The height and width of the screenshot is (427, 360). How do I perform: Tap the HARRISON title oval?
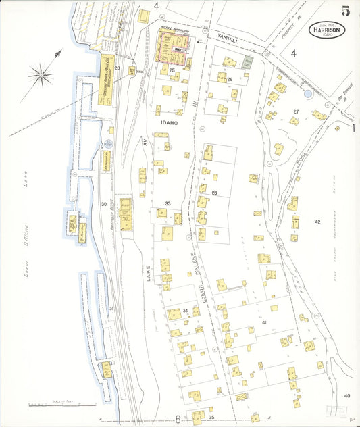pyautogui.click(x=328, y=30)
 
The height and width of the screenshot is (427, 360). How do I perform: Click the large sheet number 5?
pyautogui.click(x=345, y=10)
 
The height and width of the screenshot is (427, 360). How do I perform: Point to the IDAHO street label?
pyautogui.click(x=169, y=123)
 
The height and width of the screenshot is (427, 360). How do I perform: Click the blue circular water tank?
pyautogui.click(x=308, y=93)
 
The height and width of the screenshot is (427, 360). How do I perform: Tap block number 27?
pyautogui.click(x=295, y=111)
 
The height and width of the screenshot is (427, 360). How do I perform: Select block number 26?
pyautogui.click(x=230, y=80)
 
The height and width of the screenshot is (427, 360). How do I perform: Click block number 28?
pyautogui.click(x=214, y=193)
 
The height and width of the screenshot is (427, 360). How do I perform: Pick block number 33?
pyautogui.click(x=168, y=203)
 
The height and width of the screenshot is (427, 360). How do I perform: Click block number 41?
pyautogui.click(x=265, y=323)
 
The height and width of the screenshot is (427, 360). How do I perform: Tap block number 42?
pyautogui.click(x=317, y=222)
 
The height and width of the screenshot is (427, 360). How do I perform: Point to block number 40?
pyautogui.click(x=347, y=395)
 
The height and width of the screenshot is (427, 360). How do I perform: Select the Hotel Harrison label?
pyautogui.click(x=174, y=30)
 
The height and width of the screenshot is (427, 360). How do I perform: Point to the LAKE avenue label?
pyautogui.click(x=149, y=268)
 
